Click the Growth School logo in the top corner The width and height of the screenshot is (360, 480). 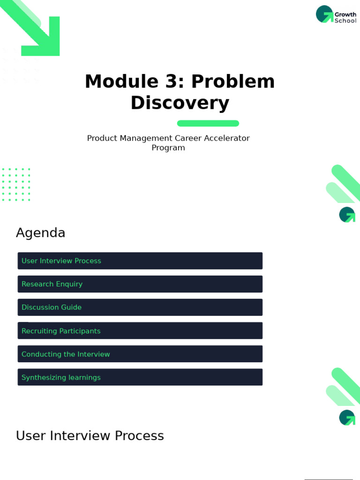coord(336,15)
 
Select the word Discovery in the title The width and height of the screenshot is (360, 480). coord(180,103)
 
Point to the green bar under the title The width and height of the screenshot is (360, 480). coord(208,123)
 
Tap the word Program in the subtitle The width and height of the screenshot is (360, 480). coord(168,148)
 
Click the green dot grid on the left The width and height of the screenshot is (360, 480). coord(16,185)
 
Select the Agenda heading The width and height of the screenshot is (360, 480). coord(41,233)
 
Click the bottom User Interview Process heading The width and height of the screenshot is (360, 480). coord(90,436)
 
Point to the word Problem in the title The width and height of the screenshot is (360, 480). coord(232,82)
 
